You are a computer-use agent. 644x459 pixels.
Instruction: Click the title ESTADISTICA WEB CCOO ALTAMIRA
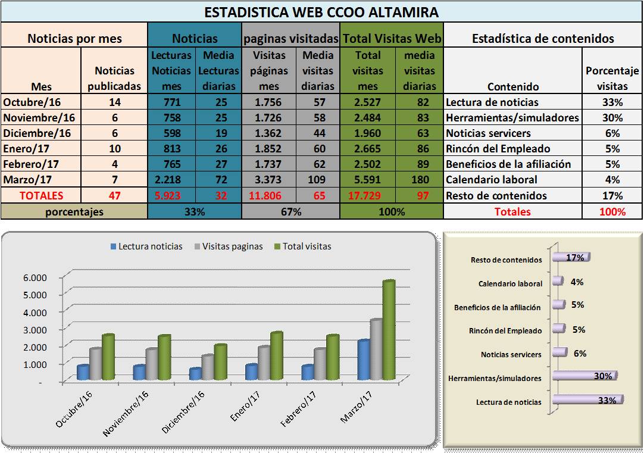(321, 12)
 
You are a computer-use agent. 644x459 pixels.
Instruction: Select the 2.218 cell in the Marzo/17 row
(171, 180)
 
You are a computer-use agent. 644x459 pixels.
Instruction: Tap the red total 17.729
(368, 195)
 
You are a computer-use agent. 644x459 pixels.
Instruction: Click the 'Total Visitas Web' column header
(392, 39)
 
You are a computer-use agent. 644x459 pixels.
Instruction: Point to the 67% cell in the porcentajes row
(291, 211)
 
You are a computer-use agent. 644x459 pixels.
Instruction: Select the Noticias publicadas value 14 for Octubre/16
(114, 102)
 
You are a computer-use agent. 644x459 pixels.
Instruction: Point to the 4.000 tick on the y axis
(35, 311)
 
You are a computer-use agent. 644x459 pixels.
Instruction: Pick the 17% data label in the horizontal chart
(575, 257)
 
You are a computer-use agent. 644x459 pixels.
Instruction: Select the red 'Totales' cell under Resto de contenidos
(512, 211)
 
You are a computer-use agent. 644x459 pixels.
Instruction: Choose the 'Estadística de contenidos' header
(542, 39)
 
